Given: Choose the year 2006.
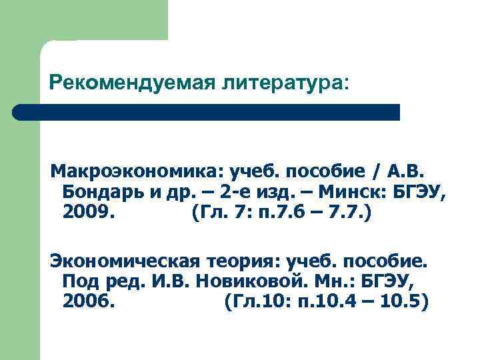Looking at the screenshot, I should coord(88,302).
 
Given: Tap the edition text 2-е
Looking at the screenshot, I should coord(238,193).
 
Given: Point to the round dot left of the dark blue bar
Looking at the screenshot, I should coord(19,112).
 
